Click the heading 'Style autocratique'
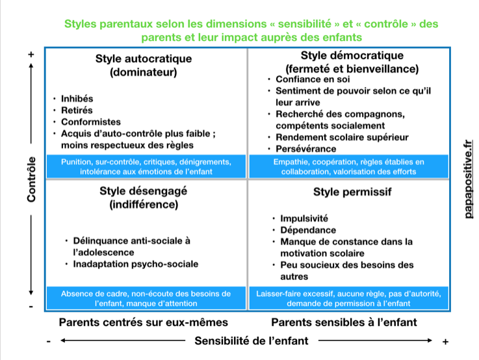pyautogui.click(x=144, y=58)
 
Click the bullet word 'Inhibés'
pyautogui.click(x=77, y=99)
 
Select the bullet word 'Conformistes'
pyautogui.click(x=91, y=122)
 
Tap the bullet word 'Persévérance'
pyautogui.click(x=305, y=149)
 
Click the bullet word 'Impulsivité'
pyautogui.click(x=304, y=218)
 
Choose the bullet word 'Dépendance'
pyautogui.click(x=308, y=230)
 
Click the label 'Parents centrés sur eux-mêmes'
pyautogui.click(x=144, y=322)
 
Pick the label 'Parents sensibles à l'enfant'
pyautogui.click(x=344, y=322)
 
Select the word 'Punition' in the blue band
pyautogui.click(x=79, y=161)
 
